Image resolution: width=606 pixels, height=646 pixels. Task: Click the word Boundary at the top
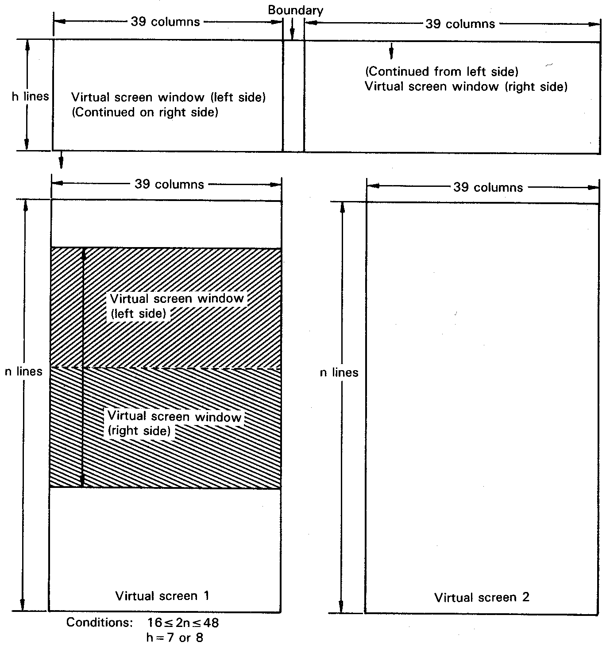(x=295, y=10)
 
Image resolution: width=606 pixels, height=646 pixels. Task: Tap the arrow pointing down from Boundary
(x=292, y=31)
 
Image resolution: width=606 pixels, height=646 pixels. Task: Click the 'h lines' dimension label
(x=30, y=96)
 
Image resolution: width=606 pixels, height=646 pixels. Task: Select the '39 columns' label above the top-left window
(x=165, y=22)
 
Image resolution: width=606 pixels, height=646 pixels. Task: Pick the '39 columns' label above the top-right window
(x=460, y=24)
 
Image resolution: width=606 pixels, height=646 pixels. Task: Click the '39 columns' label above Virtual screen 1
(x=169, y=184)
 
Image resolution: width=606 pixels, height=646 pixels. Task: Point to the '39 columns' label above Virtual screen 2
(x=488, y=187)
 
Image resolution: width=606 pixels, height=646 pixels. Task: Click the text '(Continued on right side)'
(x=145, y=112)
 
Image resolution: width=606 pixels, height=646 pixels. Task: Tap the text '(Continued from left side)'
(x=441, y=71)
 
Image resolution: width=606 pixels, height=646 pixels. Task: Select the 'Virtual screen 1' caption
(x=162, y=596)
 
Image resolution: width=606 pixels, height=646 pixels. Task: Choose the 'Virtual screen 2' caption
(x=482, y=597)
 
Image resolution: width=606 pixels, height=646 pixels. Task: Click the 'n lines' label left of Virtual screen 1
(x=23, y=371)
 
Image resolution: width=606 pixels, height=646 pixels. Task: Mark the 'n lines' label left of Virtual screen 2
(x=339, y=373)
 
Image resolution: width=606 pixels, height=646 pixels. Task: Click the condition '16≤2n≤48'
(x=183, y=623)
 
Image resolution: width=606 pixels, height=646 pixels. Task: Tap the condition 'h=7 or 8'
(x=174, y=638)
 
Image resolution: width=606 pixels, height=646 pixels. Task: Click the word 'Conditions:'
(x=99, y=623)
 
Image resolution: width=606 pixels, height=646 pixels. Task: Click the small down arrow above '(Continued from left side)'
(x=391, y=52)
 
